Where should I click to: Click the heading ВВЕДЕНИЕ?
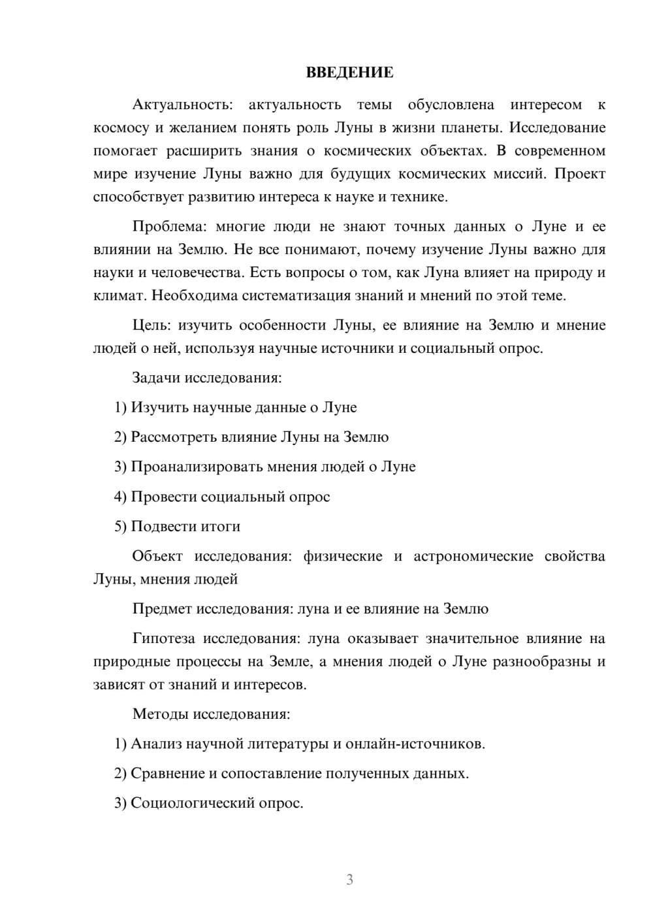(349, 73)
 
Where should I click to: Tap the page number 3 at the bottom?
(349, 880)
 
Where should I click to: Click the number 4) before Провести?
(120, 497)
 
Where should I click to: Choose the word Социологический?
(193, 803)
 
